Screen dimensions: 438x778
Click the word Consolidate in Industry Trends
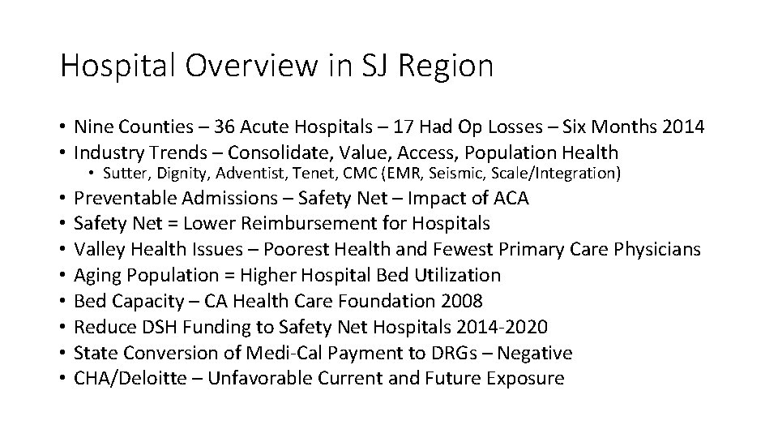[x=271, y=152]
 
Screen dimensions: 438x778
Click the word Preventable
[x=126, y=197]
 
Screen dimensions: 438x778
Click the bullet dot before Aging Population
[x=63, y=276]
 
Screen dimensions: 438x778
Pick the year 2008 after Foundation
[x=462, y=301]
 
